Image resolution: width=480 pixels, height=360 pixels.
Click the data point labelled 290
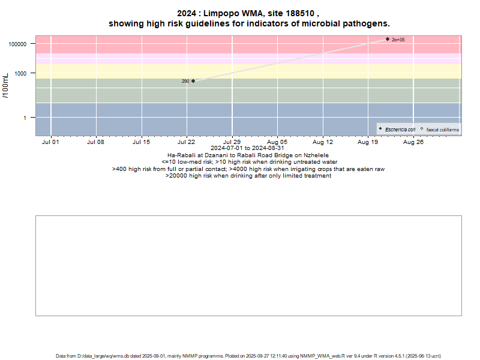(193, 81)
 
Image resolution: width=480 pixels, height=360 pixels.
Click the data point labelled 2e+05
(388, 39)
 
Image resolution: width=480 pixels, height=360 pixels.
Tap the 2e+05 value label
(398, 40)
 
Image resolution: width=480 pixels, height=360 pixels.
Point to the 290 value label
(185, 81)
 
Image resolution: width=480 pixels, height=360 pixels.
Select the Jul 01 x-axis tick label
(51, 142)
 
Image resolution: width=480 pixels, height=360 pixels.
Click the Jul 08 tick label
(96, 142)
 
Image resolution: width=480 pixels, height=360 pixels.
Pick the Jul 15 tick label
(141, 142)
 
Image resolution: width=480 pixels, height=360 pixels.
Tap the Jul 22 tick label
(187, 142)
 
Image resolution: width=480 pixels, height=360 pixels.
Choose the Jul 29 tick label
(232, 142)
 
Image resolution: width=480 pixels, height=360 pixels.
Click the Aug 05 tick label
(277, 142)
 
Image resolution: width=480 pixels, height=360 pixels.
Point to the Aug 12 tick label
(323, 142)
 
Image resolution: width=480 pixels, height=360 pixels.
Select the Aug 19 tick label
(368, 142)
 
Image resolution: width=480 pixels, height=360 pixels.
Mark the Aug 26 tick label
(413, 142)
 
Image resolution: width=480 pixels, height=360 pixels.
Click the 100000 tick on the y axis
(20, 44)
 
